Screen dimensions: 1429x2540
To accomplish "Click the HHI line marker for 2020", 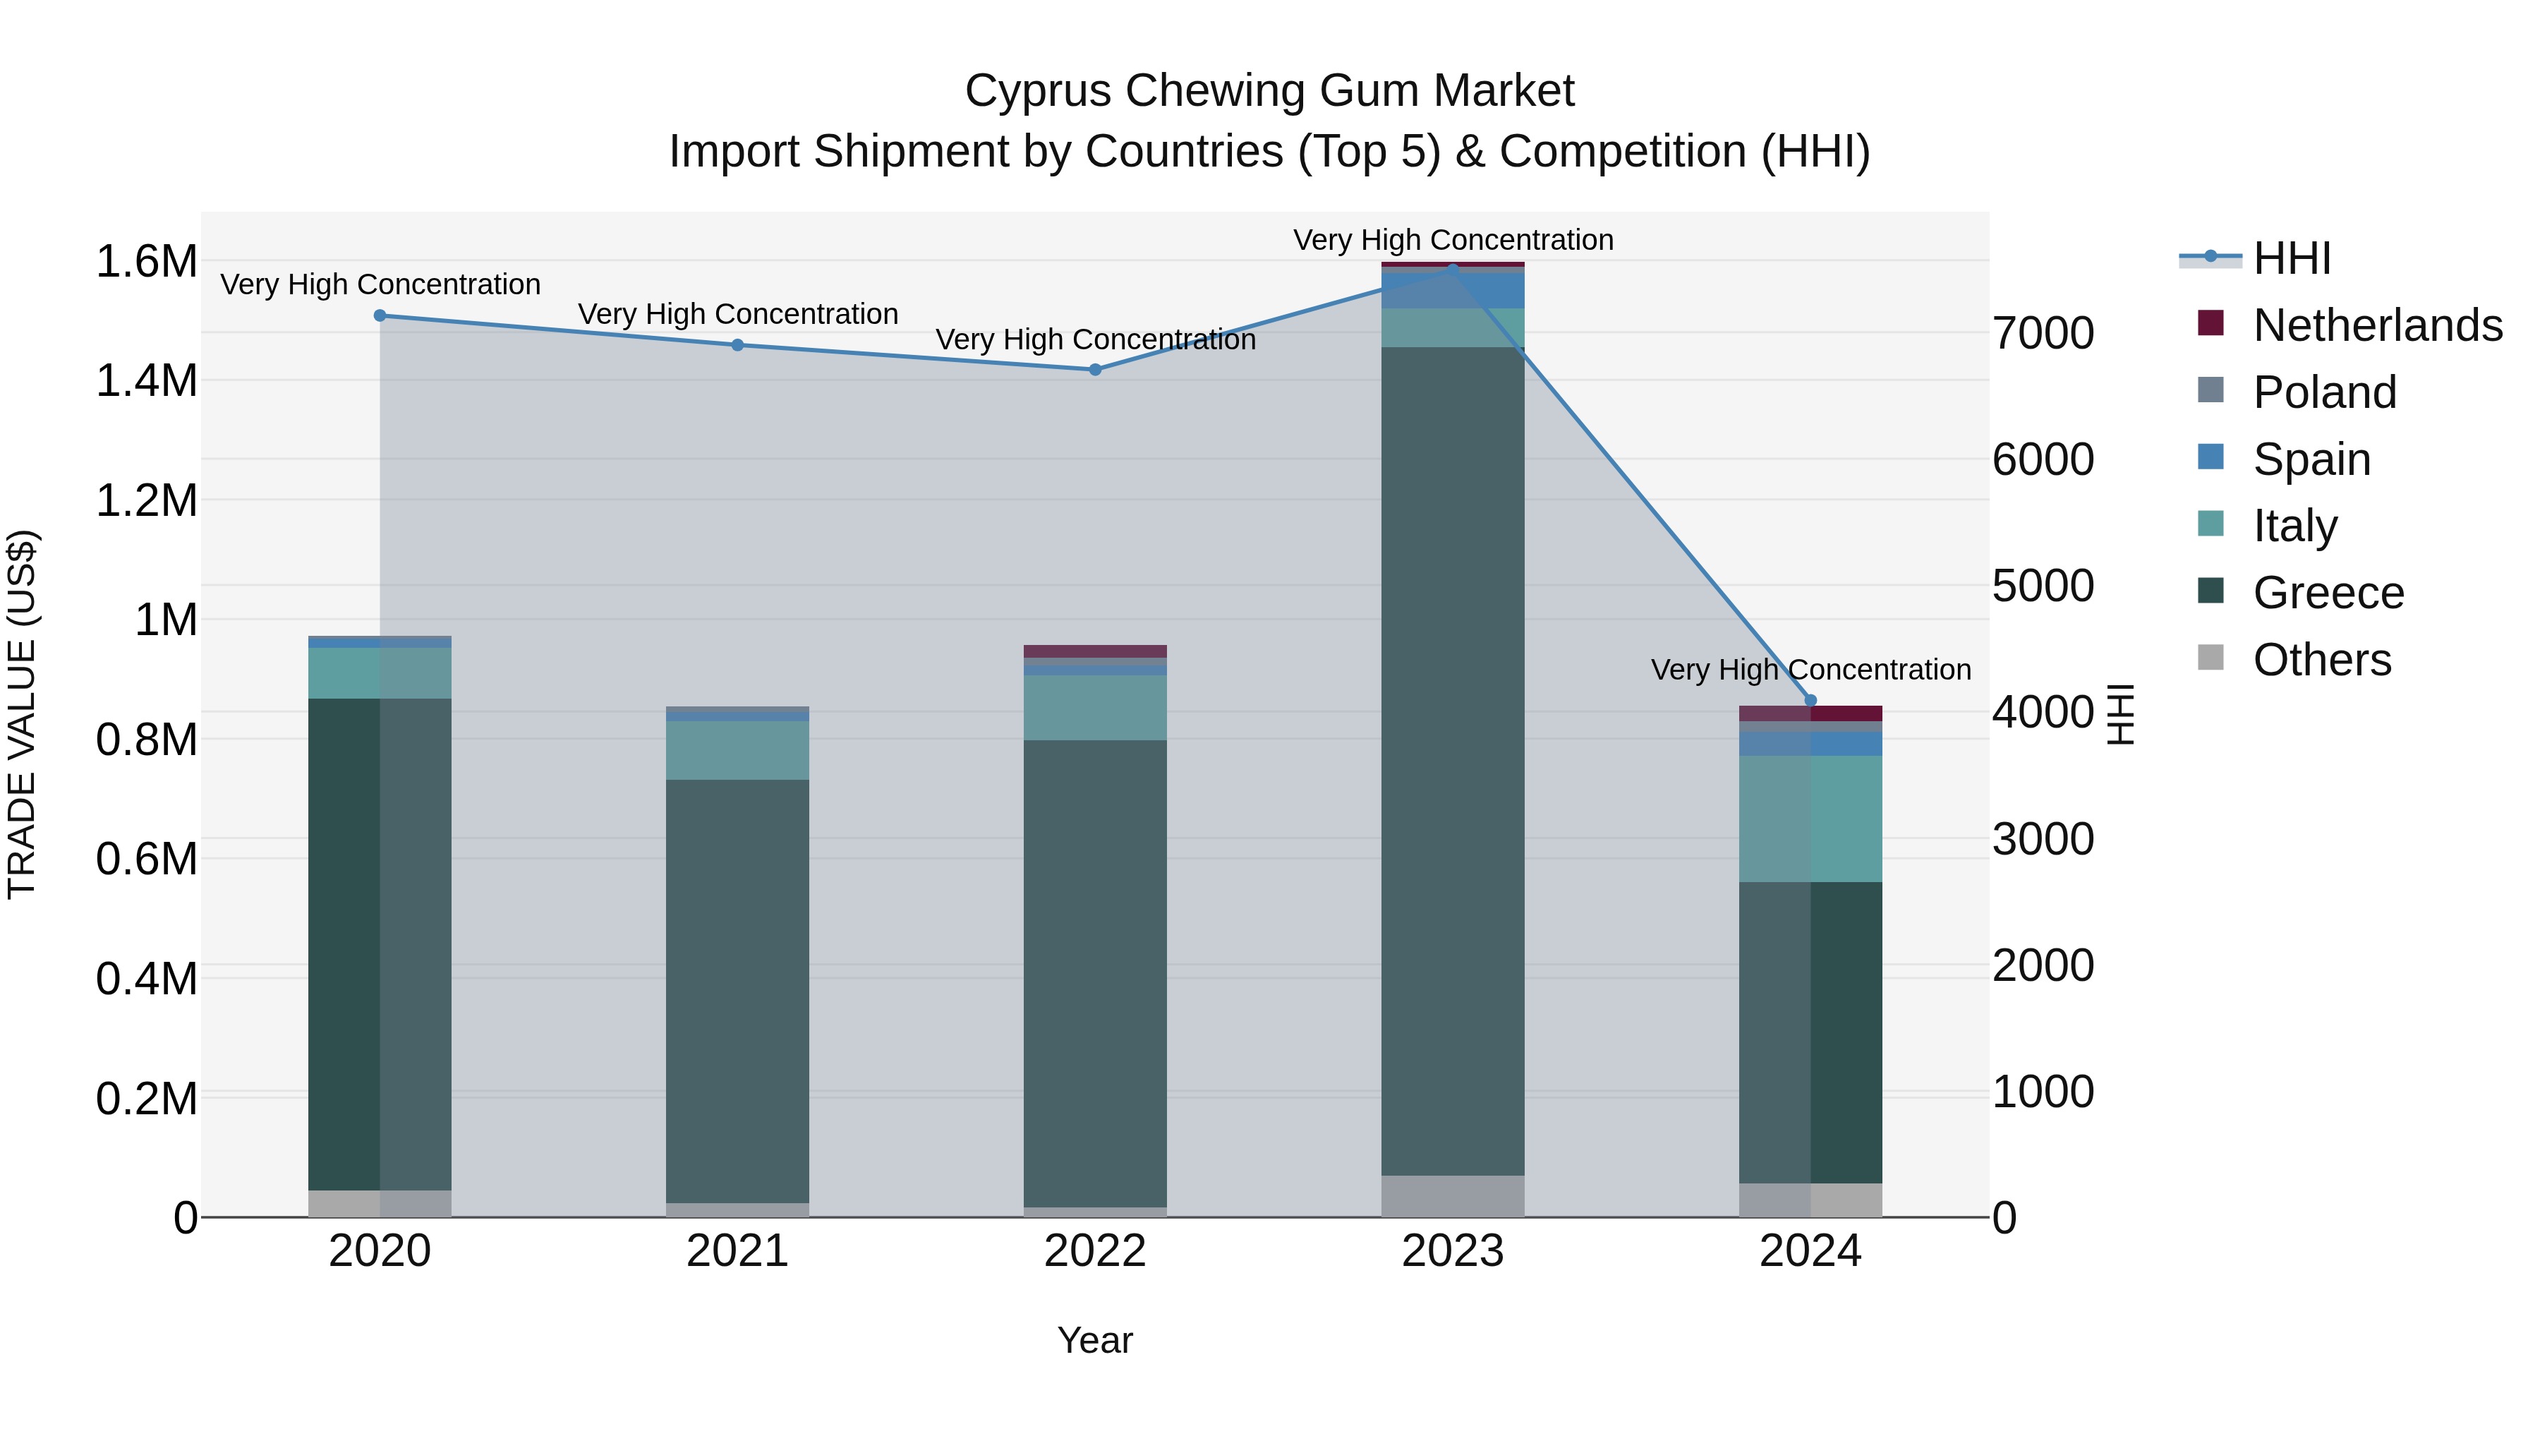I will click(x=380, y=315).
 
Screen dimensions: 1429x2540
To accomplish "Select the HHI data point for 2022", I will click(x=1094, y=370).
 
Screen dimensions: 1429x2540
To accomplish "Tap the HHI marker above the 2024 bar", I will click(x=1810, y=701).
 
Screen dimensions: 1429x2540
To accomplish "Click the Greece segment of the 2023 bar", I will click(x=1453, y=759).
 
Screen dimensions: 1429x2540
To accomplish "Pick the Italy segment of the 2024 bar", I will click(x=1810, y=819).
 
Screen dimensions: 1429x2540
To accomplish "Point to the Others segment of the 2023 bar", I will click(x=1453, y=1195).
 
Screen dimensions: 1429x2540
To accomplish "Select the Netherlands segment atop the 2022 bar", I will click(x=1094, y=651).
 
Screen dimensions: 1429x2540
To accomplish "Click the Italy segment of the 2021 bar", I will click(x=737, y=751).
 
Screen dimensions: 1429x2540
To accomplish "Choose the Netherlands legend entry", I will click(x=2376, y=325).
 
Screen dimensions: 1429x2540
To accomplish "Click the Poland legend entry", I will click(x=2323, y=392).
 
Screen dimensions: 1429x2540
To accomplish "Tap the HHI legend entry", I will click(x=2290, y=258).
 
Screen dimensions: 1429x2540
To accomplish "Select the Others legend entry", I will click(x=2321, y=660).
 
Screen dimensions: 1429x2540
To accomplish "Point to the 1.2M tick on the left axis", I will click(x=146, y=501).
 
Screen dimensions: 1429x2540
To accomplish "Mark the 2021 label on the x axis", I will click(x=737, y=1251).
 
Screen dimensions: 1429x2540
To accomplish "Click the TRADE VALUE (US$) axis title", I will click(x=22, y=714).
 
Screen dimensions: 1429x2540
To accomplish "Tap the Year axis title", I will click(x=1094, y=1340).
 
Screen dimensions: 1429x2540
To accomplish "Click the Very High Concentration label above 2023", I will click(x=1453, y=240).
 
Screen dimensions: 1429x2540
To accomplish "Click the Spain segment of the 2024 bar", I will click(x=1810, y=744).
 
